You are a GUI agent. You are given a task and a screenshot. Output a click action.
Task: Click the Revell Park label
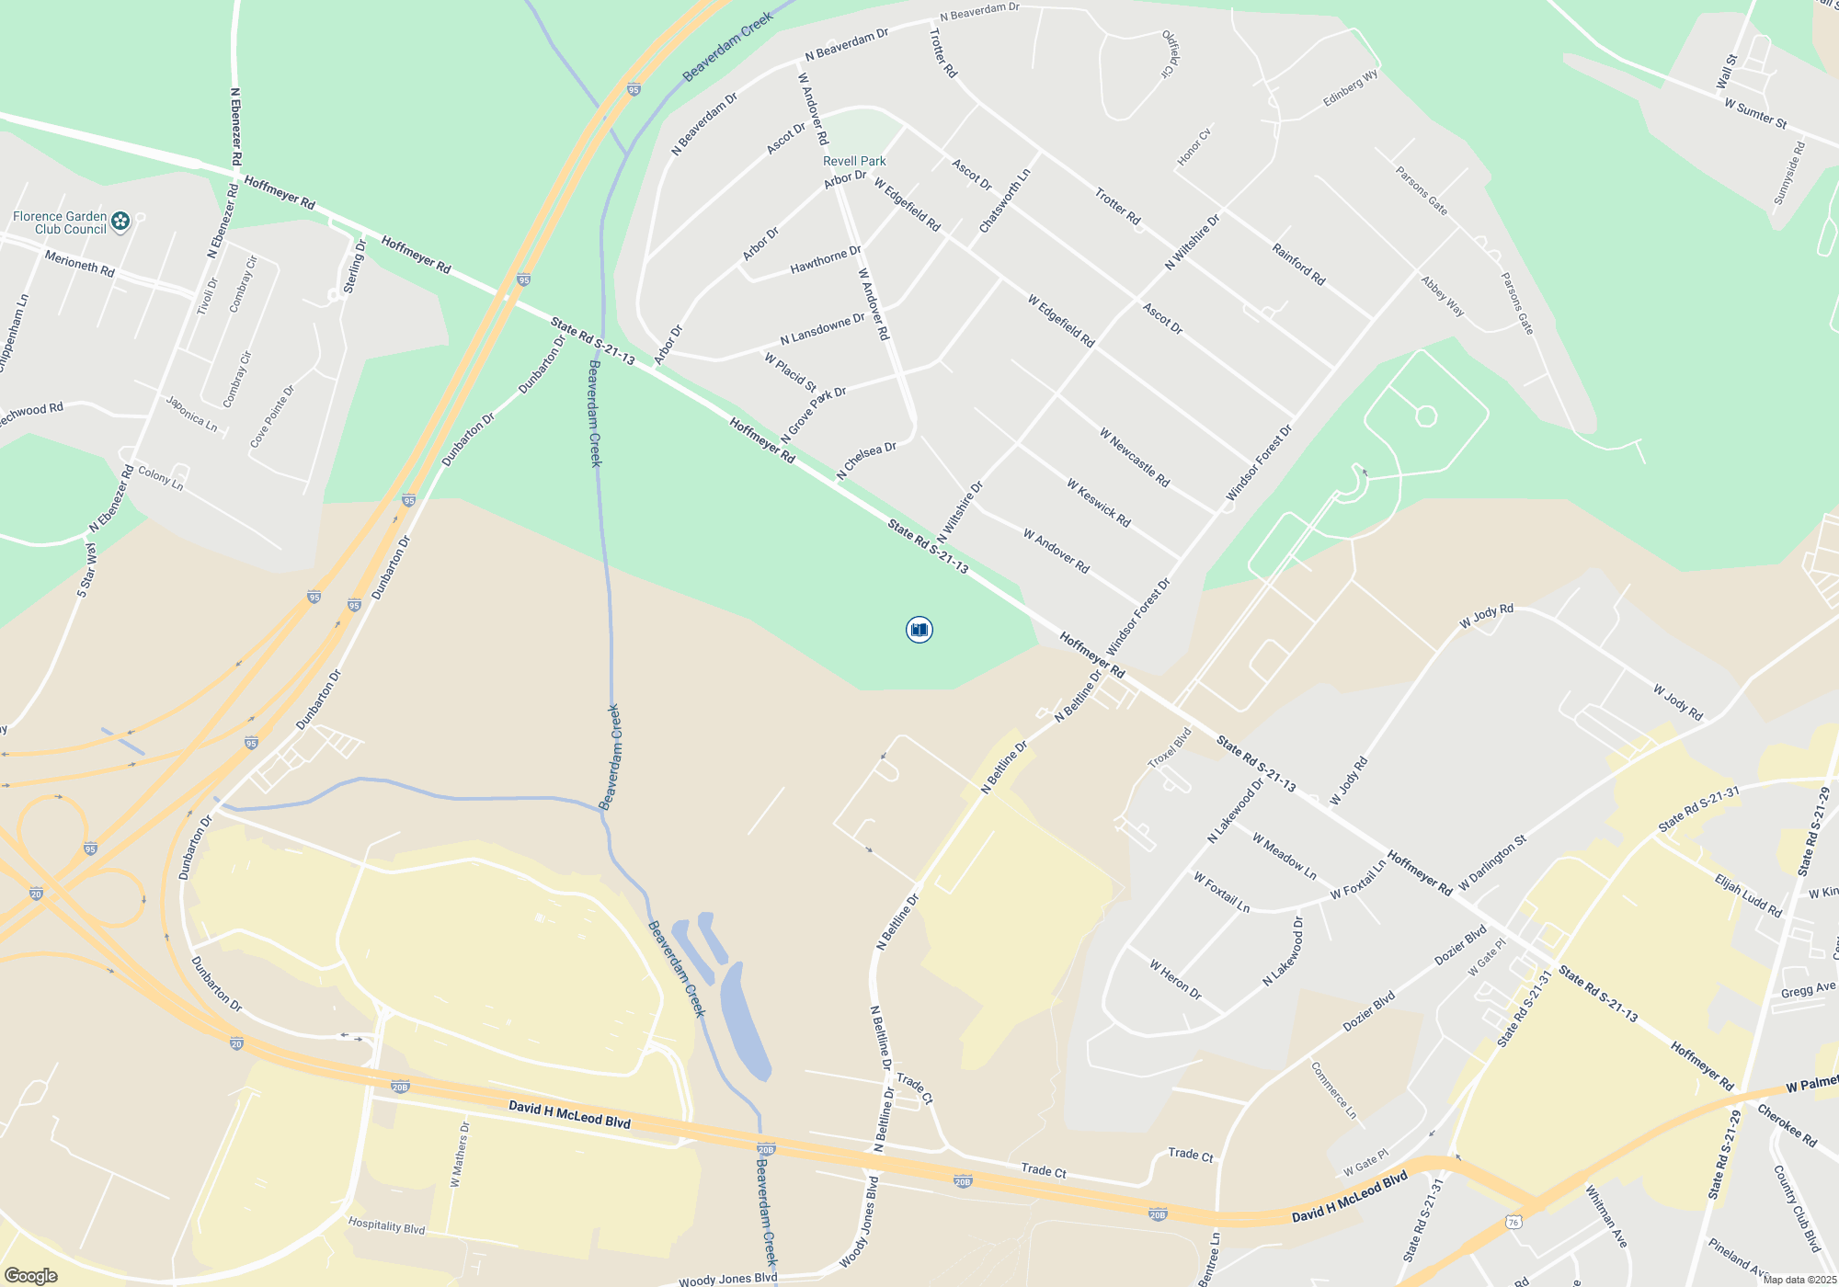[x=854, y=161]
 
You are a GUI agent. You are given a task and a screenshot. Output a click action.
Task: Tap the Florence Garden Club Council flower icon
[x=120, y=221]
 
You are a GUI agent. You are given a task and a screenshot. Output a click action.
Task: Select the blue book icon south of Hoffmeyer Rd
[x=919, y=630]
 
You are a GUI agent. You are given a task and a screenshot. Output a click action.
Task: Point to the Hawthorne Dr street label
[x=826, y=260]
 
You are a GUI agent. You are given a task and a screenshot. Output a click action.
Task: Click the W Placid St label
[x=790, y=371]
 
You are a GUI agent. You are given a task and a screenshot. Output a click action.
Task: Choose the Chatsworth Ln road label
[x=1004, y=200]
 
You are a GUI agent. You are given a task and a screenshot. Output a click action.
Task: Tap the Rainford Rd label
[x=1298, y=264]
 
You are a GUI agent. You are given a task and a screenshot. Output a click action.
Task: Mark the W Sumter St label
[x=1755, y=114]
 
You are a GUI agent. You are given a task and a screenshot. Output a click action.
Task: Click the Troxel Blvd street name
[x=1170, y=747]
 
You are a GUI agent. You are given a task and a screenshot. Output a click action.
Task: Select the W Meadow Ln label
[x=1284, y=856]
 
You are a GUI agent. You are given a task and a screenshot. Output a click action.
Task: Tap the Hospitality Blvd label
[x=386, y=1226]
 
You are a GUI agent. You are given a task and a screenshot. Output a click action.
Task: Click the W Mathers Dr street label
[x=460, y=1155]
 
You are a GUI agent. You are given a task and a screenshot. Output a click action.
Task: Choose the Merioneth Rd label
[x=80, y=264]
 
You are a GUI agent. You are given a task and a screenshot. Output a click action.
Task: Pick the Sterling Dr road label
[x=354, y=267]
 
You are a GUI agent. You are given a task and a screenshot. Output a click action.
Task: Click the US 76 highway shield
[x=1513, y=1222]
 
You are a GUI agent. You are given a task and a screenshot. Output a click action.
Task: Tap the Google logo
[x=31, y=1276]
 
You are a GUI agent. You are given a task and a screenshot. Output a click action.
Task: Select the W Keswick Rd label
[x=1098, y=502]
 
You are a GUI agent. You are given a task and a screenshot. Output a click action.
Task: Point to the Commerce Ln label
[x=1333, y=1090]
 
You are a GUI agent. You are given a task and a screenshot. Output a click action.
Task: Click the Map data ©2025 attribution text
[x=1799, y=1280]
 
